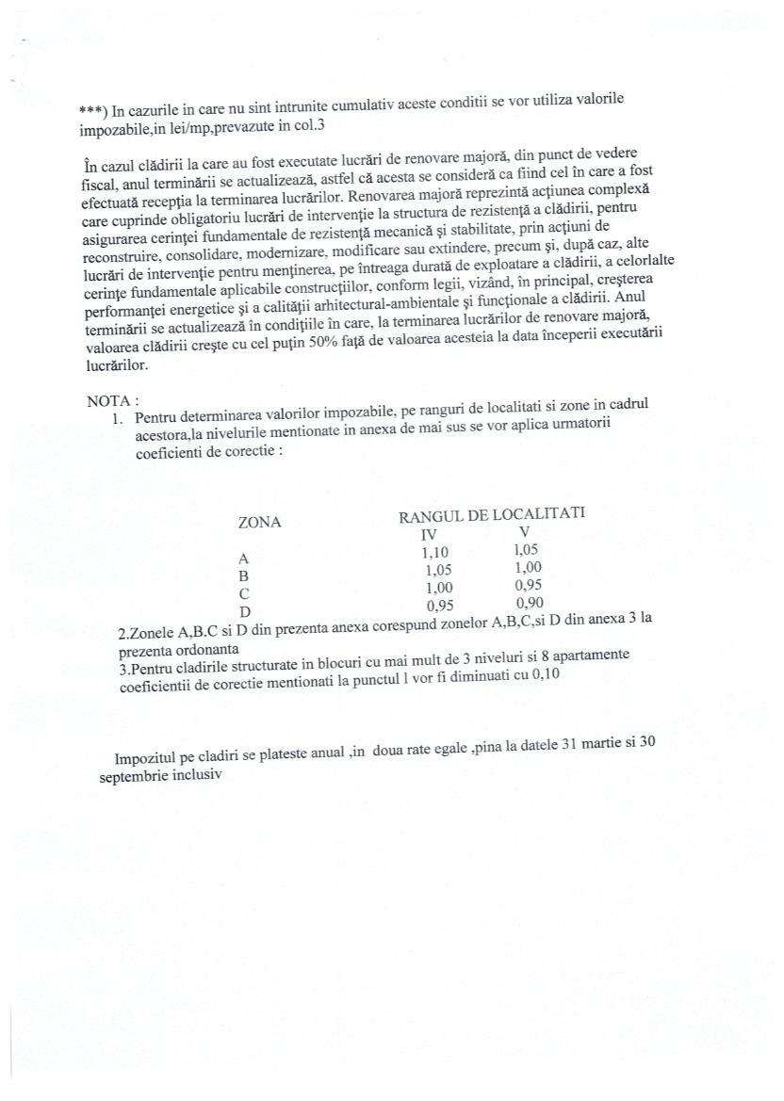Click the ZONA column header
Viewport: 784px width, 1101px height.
tap(259, 522)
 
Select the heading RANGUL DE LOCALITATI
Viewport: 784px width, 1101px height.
tap(491, 514)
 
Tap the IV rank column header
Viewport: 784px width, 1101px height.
tap(429, 533)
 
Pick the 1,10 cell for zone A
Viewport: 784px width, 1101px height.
tap(436, 552)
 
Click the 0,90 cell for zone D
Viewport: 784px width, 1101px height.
tap(531, 603)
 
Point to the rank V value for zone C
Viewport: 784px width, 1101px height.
tap(529, 584)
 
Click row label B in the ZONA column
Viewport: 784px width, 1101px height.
tap(243, 575)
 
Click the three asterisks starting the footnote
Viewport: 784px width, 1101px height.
tap(93, 111)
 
